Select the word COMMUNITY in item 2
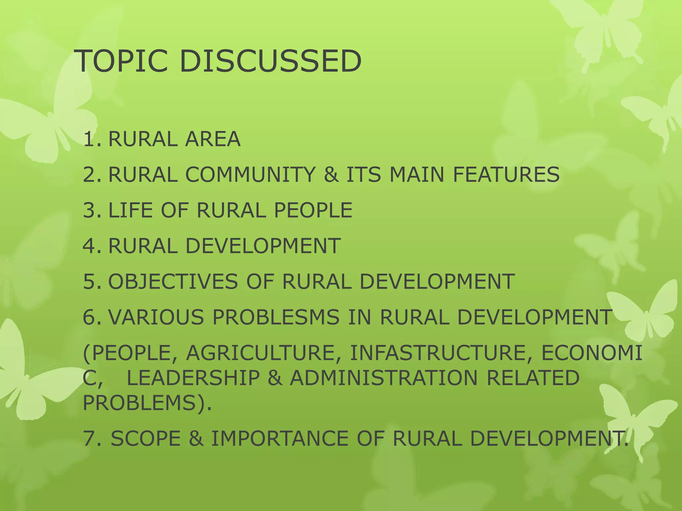(250, 174)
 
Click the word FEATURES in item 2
(506, 174)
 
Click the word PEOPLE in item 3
(313, 210)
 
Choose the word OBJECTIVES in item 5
(173, 281)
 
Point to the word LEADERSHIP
(193, 378)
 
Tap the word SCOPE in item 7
(146, 438)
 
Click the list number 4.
(90, 246)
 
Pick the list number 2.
(90, 174)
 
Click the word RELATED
(533, 378)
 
